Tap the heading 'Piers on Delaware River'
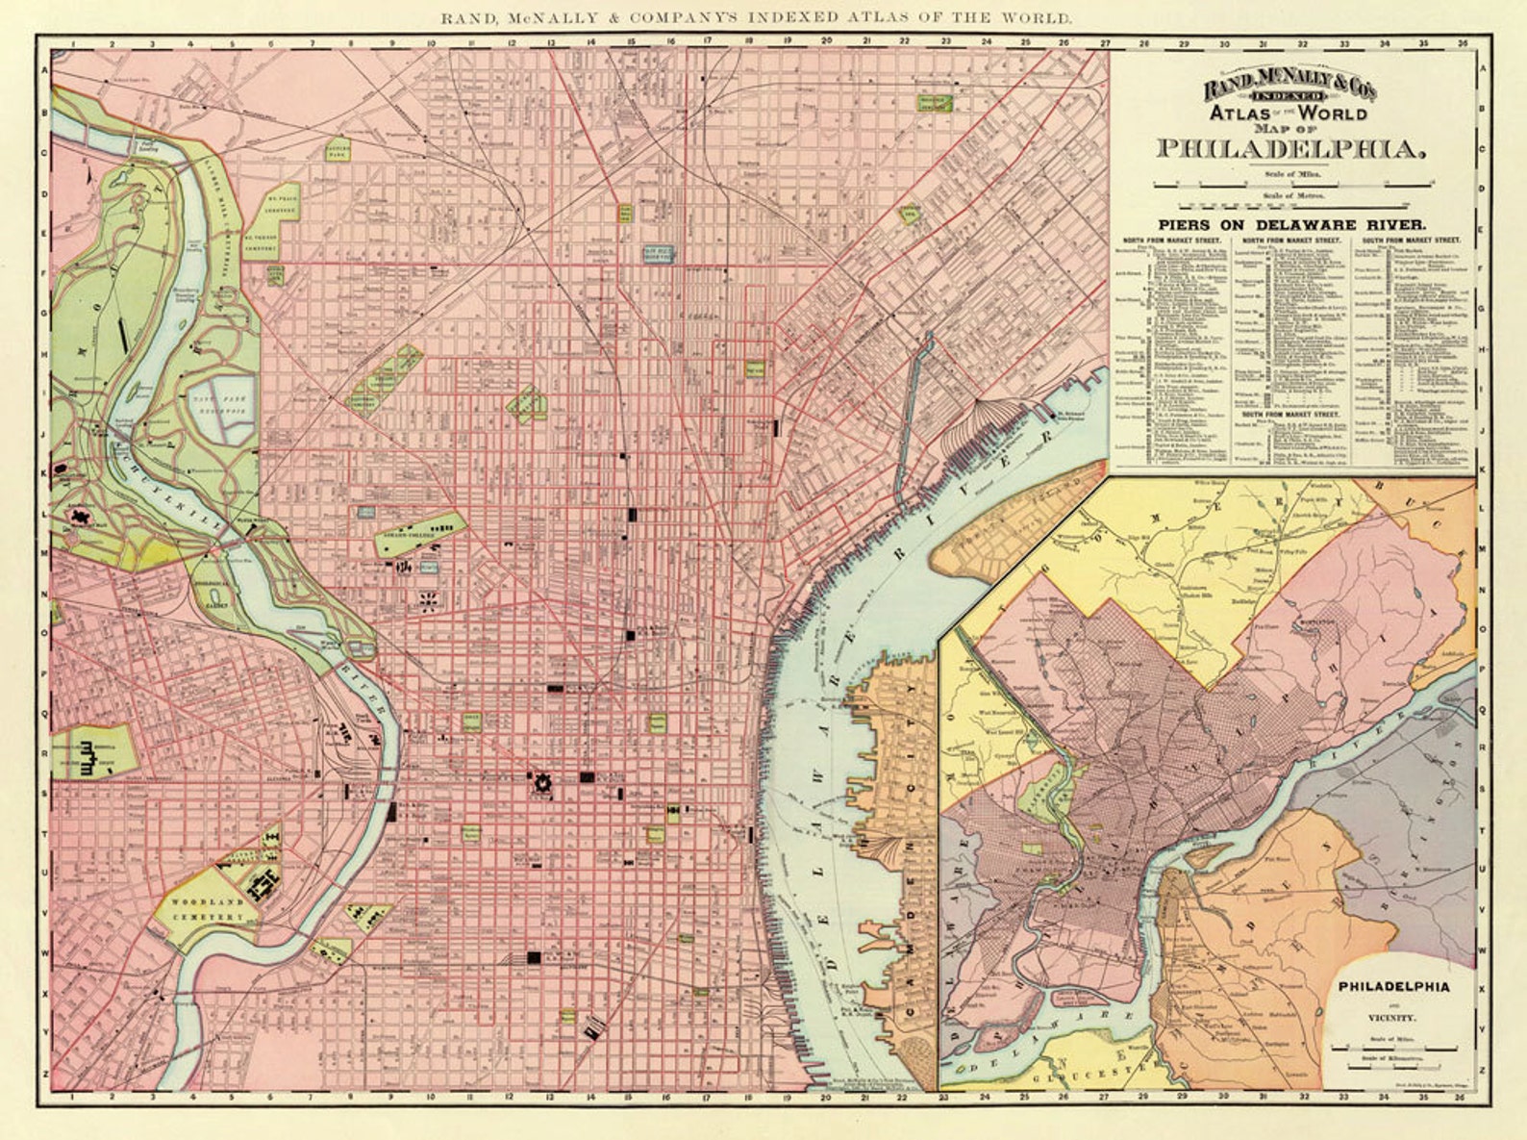[x=1291, y=223]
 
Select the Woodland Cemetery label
[x=210, y=909]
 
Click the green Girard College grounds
[x=421, y=534]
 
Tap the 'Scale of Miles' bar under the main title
[x=1290, y=184]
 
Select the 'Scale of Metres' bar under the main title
[x=1290, y=205]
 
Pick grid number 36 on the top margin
[x=1462, y=42]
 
